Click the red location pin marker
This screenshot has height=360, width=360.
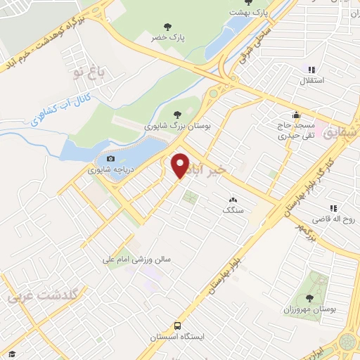point(181,165)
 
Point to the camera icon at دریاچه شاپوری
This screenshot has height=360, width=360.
point(110,160)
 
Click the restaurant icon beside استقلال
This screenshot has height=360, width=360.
point(311,70)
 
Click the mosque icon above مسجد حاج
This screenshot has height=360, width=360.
point(297,115)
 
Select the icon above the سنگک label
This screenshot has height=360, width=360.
point(232,200)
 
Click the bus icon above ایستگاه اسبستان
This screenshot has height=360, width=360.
point(177,326)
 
